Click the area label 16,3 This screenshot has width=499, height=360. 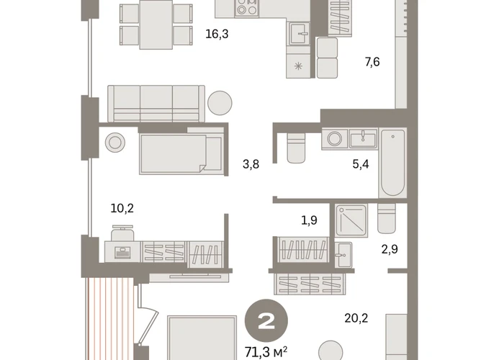(217, 34)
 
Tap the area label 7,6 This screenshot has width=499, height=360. (372, 62)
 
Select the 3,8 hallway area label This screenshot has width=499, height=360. (251, 164)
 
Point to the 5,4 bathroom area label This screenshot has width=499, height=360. (361, 164)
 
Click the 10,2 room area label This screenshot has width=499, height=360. (122, 208)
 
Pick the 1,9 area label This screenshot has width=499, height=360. (309, 220)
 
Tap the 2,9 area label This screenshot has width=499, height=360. (390, 249)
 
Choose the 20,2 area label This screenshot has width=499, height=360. (356, 318)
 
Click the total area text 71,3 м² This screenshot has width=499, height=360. (266, 352)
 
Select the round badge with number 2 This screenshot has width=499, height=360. (266, 321)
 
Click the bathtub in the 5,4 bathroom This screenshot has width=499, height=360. (392, 163)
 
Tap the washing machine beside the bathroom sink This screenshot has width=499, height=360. (335, 139)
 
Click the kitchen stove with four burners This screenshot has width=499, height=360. (247, 8)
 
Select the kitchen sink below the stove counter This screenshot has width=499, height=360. (299, 33)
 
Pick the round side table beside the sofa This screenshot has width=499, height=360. (220, 103)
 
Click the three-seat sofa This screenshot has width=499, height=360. (156, 104)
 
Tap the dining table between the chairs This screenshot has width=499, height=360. (156, 24)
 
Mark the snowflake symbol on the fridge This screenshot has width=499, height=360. (298, 66)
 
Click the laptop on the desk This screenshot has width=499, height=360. (122, 253)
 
